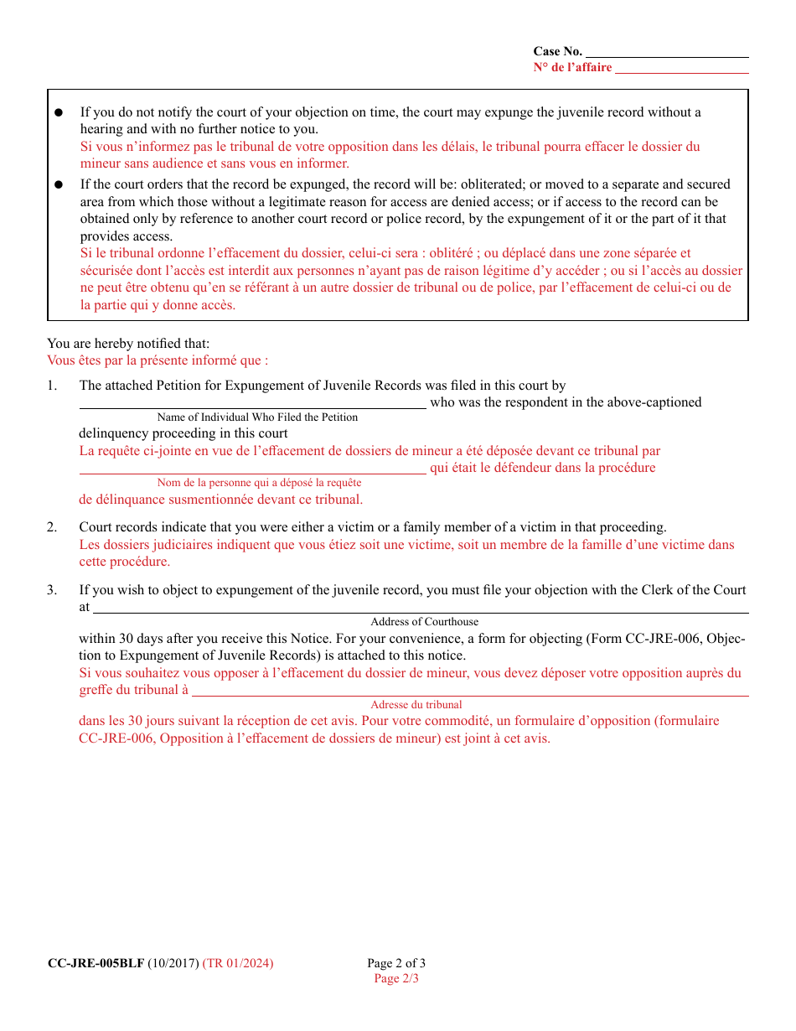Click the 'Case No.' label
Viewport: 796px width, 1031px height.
pyautogui.click(x=557, y=52)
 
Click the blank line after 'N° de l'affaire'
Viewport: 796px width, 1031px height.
pyautogui.click(x=681, y=69)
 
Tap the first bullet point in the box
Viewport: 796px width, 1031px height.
pyautogui.click(x=59, y=112)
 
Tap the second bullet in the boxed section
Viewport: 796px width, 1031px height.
pyautogui.click(x=59, y=184)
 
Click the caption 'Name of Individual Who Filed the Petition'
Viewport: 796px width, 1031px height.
pyautogui.click(x=257, y=417)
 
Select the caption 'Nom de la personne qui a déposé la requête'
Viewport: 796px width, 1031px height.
pyautogui.click(x=259, y=483)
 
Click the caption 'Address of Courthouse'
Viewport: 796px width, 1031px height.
pyautogui.click(x=425, y=622)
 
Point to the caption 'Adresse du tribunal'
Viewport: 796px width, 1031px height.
pyautogui.click(x=416, y=705)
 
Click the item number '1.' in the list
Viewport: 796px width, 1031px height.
pyautogui.click(x=52, y=386)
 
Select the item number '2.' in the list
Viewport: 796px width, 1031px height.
pyautogui.click(x=52, y=527)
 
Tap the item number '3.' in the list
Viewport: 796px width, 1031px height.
pyautogui.click(x=52, y=590)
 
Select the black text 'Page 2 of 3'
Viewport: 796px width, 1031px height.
pyautogui.click(x=396, y=963)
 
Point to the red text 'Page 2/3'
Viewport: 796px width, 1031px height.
pyautogui.click(x=396, y=978)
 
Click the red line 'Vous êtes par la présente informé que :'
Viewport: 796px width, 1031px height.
pyautogui.click(x=158, y=360)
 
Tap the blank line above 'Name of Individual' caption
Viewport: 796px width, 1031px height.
pyautogui.click(x=252, y=407)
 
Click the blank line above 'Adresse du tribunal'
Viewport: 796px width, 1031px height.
pyautogui.click(x=469, y=694)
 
